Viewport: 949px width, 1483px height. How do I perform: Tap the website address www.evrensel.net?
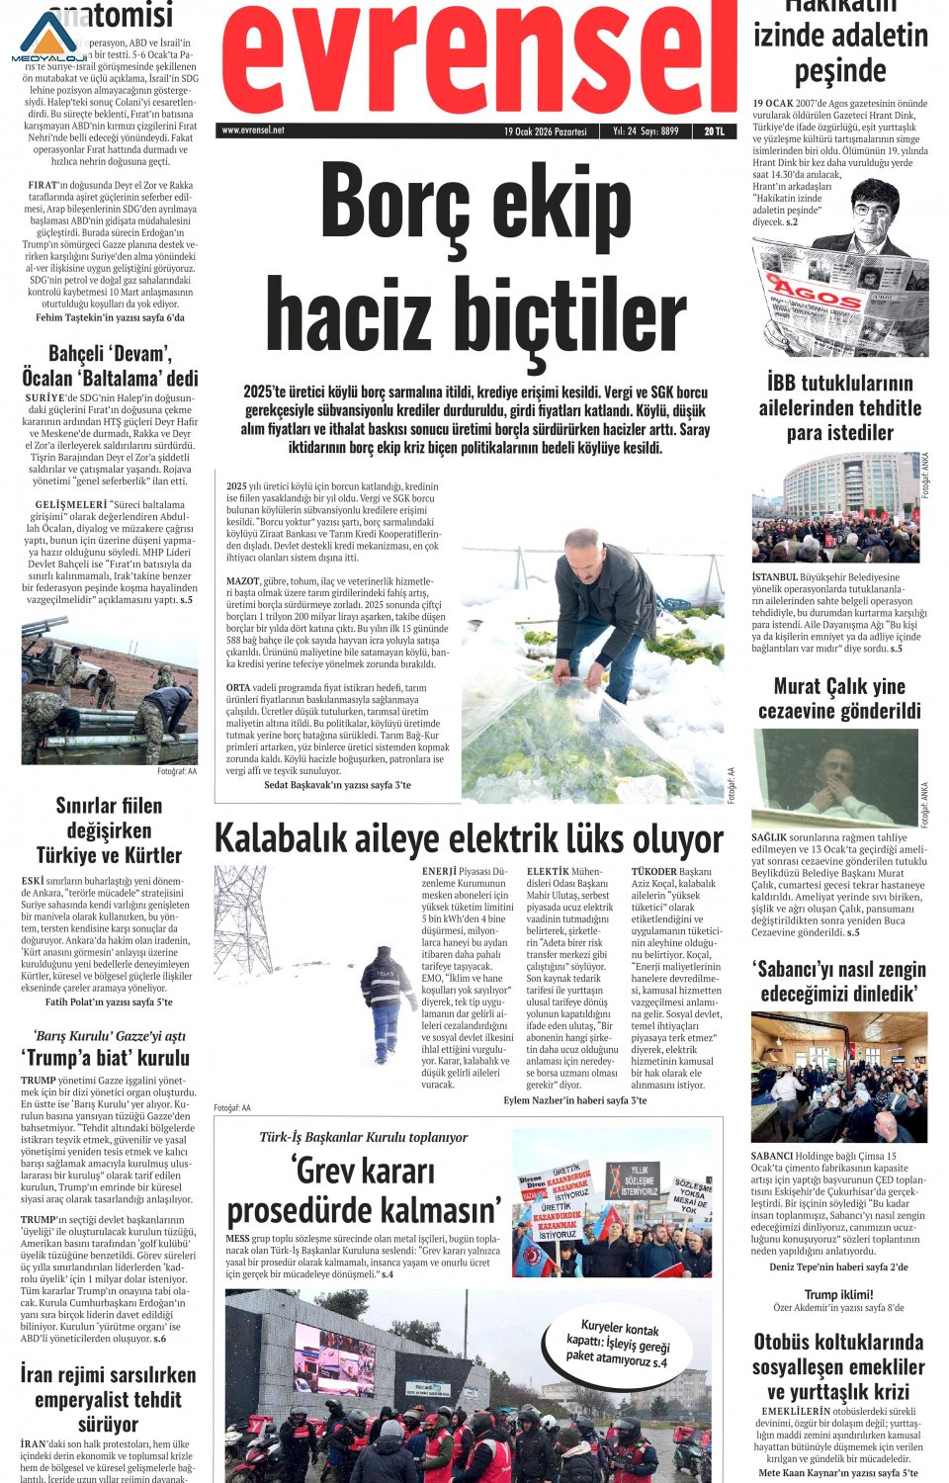click(253, 131)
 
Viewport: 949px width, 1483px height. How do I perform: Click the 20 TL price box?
click(714, 131)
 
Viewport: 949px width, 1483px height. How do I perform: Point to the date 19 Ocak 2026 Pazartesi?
click(545, 131)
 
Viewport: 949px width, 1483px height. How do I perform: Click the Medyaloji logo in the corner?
click(49, 37)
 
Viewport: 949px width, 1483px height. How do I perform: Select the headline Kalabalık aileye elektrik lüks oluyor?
click(469, 839)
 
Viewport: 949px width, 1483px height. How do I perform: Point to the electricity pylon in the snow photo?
click(243, 919)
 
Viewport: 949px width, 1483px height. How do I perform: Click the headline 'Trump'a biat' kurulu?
click(106, 1058)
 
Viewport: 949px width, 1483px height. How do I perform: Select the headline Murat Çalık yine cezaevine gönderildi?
click(839, 698)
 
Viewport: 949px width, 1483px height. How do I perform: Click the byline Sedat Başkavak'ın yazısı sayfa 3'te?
click(337, 785)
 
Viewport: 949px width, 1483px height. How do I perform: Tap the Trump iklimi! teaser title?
click(838, 1294)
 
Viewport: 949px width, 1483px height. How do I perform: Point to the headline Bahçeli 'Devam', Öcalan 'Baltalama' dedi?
click(110, 366)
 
